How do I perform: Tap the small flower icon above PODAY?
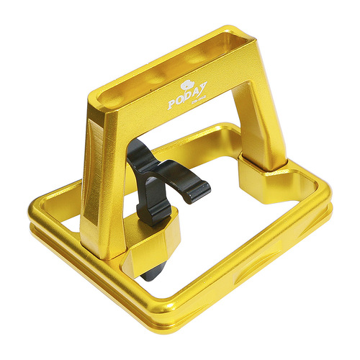[191, 82]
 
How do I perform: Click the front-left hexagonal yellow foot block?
[151, 248]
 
